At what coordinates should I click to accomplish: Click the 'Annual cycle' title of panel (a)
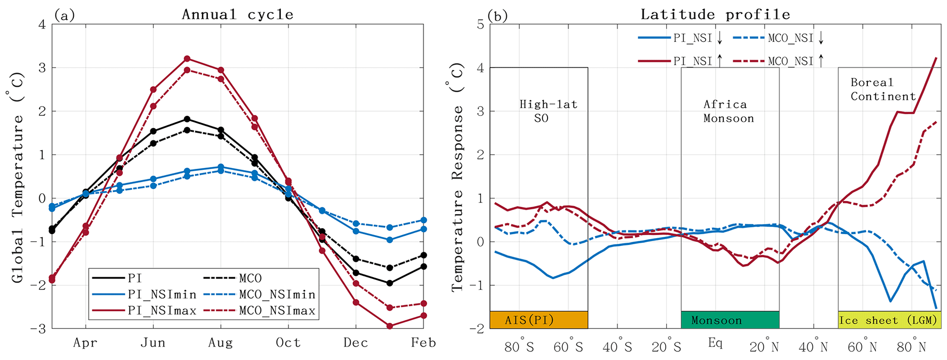[237, 15]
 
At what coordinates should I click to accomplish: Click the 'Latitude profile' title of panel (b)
[715, 15]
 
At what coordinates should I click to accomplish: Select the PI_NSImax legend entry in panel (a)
[144, 311]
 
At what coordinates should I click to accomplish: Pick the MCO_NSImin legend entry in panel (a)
[259, 294]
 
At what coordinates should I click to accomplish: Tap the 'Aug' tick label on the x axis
[220, 343]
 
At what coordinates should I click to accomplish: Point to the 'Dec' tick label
[356, 343]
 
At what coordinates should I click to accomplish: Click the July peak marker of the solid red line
[187, 59]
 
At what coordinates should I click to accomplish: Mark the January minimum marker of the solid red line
[389, 326]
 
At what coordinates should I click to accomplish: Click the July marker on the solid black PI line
[187, 119]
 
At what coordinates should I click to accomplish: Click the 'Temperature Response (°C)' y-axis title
[457, 176]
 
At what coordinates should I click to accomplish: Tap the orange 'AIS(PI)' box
[539, 320]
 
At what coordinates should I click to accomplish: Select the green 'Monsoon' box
[730, 320]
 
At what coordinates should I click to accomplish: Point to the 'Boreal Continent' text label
[883, 89]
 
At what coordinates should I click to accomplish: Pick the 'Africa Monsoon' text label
[728, 111]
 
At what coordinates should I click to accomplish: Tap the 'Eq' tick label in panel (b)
[715, 343]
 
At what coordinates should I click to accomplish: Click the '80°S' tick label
[519, 347]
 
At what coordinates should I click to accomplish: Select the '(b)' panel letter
[497, 16]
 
